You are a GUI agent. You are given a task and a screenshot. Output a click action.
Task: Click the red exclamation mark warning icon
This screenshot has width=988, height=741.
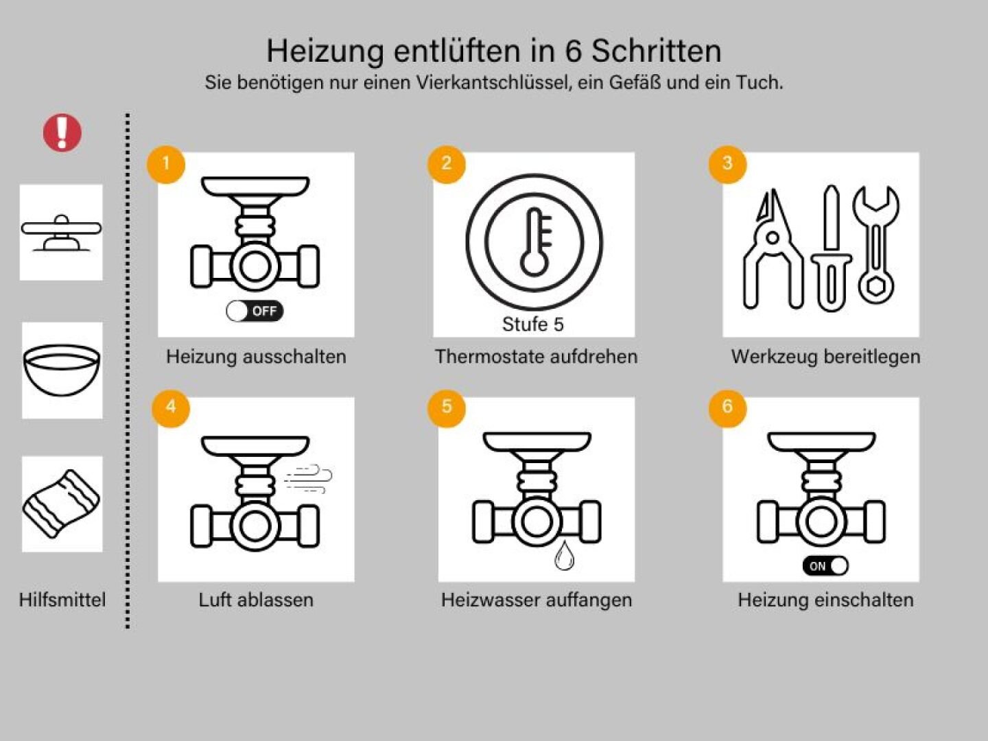coord(62,132)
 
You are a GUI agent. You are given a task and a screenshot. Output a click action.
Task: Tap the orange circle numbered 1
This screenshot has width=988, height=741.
coord(166,164)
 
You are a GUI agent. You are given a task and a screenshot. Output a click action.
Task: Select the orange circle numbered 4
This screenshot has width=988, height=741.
coord(170,408)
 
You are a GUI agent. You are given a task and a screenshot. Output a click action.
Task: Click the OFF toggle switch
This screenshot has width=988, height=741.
coord(255,311)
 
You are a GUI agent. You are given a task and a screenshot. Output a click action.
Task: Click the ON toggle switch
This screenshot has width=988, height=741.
coord(825,566)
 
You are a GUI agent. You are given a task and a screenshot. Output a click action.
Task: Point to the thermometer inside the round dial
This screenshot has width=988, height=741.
coord(535,242)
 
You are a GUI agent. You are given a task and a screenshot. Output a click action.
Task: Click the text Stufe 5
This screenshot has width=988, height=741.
coord(532,325)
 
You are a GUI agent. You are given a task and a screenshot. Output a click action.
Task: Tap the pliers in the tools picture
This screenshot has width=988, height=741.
coord(773,250)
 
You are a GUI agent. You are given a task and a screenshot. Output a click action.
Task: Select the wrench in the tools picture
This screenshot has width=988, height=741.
coord(875,245)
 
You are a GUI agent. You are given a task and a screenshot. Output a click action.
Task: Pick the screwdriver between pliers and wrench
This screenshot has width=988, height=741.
coord(831,248)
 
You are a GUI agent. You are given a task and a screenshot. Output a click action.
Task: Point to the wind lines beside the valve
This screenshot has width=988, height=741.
coord(308,479)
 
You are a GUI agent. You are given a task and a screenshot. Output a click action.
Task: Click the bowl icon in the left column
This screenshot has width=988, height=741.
coord(62,370)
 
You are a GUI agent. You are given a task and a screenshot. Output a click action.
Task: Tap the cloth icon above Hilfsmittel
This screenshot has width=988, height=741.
coord(62,504)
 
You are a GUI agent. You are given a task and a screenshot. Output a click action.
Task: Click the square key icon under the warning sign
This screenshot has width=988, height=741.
coord(61,233)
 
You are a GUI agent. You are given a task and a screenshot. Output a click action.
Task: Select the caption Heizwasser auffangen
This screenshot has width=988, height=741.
coord(537,600)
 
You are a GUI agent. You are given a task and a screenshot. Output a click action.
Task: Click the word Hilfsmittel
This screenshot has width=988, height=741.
coord(62,600)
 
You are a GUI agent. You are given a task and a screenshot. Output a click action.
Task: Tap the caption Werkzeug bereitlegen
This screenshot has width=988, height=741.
coord(825,357)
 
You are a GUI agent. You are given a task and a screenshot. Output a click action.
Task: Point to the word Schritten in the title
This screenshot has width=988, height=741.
coord(656,51)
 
